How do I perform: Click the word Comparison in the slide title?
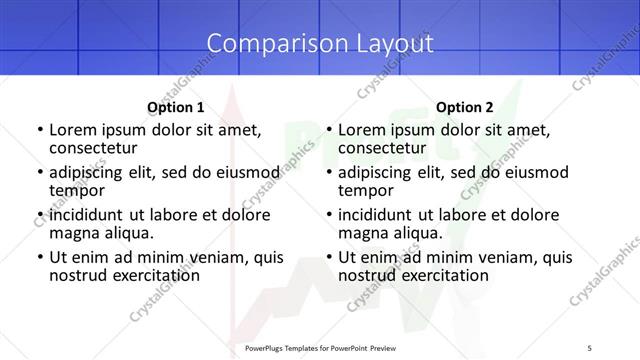[x=265, y=43]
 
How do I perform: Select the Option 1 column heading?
[x=176, y=107]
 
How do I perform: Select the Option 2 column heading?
[x=465, y=107]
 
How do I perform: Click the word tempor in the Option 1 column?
[x=77, y=190]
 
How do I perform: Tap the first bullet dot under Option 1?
[x=39, y=130]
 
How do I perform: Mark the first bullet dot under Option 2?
[x=328, y=130]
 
